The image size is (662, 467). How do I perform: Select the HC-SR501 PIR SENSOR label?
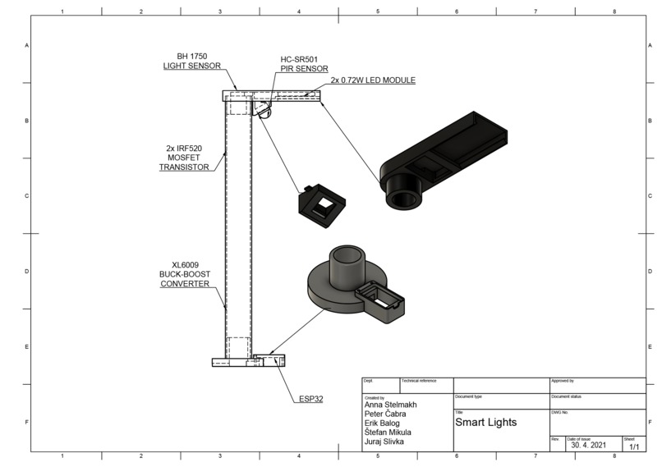click(304, 64)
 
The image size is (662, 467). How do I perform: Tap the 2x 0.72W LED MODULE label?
click(373, 80)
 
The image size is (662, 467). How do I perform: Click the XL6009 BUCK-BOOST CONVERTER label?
click(185, 274)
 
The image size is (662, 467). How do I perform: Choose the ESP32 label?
click(310, 400)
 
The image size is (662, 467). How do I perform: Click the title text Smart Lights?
click(485, 423)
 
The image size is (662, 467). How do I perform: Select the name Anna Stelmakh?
click(390, 405)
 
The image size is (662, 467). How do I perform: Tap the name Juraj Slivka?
click(384, 442)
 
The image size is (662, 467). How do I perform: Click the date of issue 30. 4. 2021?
click(591, 446)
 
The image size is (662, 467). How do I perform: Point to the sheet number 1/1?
click(634, 447)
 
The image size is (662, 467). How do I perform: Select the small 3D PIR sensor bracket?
click(320, 200)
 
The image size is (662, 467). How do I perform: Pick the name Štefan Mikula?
click(388, 433)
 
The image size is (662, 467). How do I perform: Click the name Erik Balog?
click(382, 424)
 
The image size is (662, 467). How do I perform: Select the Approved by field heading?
click(563, 381)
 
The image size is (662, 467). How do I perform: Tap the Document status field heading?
click(567, 396)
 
